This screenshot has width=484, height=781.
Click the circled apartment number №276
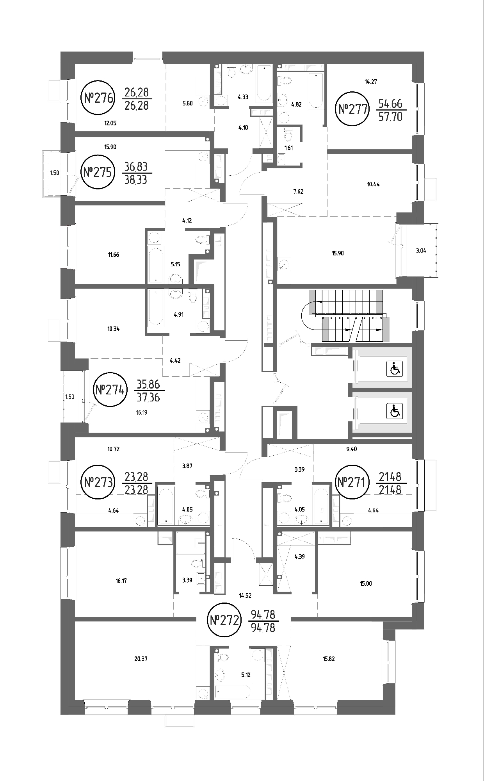[99, 98]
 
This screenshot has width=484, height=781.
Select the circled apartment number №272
[224, 620]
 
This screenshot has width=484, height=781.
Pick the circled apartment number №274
[110, 390]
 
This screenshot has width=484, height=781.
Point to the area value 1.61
[288, 148]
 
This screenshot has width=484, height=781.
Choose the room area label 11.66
[114, 255]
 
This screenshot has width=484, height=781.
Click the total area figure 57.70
[391, 116]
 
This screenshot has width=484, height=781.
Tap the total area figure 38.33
[136, 179]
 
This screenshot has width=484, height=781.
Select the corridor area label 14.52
[245, 596]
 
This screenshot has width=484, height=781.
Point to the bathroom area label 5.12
[246, 674]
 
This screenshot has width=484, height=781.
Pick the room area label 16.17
[121, 581]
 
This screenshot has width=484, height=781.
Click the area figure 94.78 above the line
[263, 615]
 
